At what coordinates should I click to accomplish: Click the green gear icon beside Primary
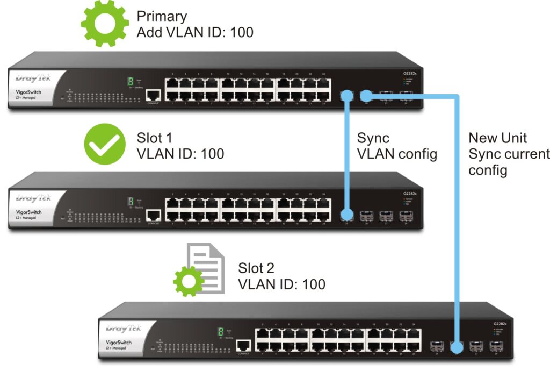[x=105, y=24]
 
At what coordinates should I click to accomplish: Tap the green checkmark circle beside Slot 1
[x=105, y=145]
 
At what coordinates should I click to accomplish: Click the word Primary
[x=162, y=16]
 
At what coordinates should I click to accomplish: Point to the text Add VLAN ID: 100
[x=194, y=33]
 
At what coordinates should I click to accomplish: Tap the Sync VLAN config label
[x=397, y=146]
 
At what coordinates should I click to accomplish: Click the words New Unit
[x=498, y=138]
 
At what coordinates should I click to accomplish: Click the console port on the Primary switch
[x=153, y=95]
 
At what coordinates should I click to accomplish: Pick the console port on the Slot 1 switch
[x=153, y=215]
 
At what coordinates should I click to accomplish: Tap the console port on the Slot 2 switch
[x=244, y=345]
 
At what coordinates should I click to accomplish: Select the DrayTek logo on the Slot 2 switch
[x=124, y=328]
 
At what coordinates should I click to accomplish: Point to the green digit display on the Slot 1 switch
[x=129, y=201]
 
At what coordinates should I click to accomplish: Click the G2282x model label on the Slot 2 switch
[x=501, y=324]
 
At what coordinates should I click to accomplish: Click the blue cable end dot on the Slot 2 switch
[x=457, y=347]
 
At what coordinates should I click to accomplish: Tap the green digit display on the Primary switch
[x=129, y=81]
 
